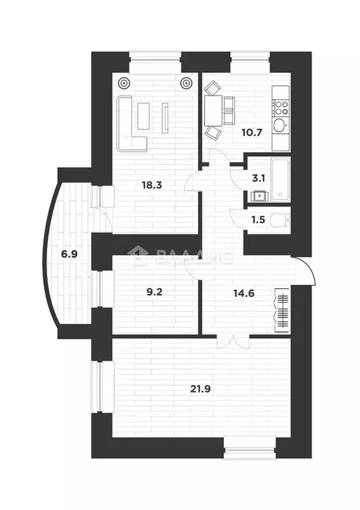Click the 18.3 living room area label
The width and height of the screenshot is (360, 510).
[x=151, y=185]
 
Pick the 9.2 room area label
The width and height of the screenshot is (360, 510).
[x=153, y=290]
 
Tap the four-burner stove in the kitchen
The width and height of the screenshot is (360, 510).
[x=282, y=106]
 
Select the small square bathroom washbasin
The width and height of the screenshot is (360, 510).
[x=258, y=195]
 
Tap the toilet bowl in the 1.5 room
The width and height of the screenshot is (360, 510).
[x=282, y=218]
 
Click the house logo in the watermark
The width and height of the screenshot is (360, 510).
[x=139, y=256]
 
